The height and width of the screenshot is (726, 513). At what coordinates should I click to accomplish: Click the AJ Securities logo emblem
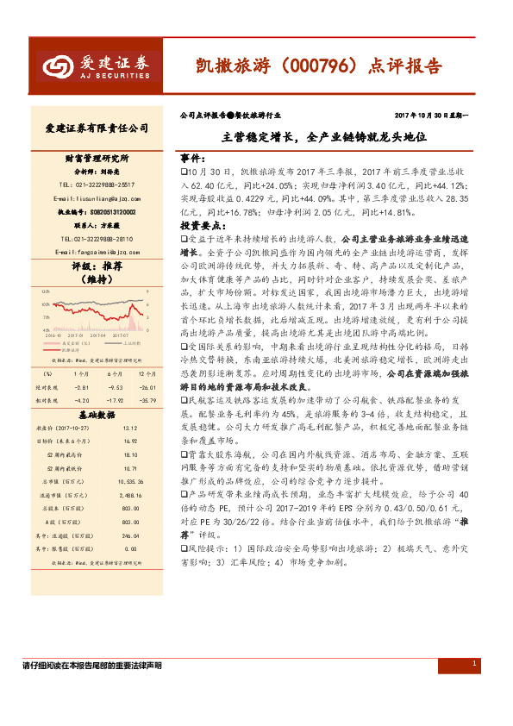coord(56,66)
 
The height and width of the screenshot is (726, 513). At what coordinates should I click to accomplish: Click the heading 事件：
coord(192,160)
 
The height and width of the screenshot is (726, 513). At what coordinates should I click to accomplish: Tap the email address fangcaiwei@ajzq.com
coord(97,251)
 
